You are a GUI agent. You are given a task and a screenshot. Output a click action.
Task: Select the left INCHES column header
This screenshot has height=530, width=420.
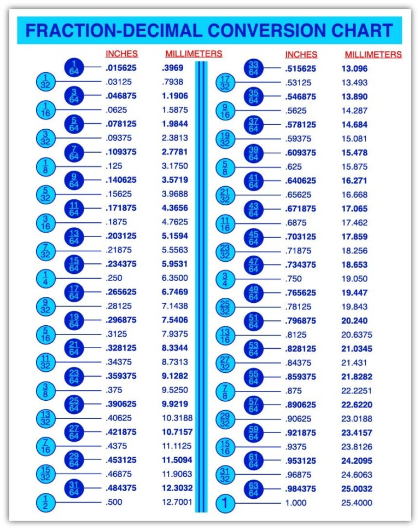(x=121, y=54)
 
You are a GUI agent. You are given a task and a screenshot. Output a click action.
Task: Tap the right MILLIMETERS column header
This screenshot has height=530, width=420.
(x=373, y=54)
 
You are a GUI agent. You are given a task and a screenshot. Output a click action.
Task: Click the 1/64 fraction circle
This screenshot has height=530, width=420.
(x=74, y=68)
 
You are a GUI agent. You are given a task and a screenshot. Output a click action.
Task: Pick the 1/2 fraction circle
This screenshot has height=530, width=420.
(x=46, y=502)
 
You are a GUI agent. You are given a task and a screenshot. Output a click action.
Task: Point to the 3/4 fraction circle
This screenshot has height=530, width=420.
(x=225, y=278)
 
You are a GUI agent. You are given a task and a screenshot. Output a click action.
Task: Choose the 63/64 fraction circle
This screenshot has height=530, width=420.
(x=253, y=488)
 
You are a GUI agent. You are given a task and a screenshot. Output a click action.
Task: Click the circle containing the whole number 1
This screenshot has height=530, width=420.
(x=225, y=503)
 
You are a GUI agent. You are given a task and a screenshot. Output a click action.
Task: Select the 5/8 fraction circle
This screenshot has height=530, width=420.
(x=225, y=166)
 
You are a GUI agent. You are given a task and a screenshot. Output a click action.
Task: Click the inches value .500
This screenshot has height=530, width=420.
(x=114, y=502)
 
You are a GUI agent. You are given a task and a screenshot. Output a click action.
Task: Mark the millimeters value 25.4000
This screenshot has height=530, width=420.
(x=357, y=502)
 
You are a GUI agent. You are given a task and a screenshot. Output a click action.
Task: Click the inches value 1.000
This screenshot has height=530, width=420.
(x=296, y=502)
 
